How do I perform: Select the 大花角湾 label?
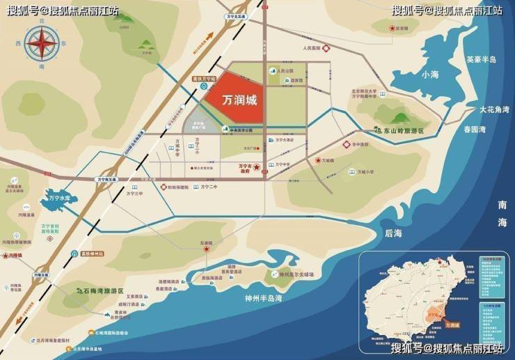[x=494, y=110]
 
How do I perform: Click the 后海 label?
[x=393, y=233]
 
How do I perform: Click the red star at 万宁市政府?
[x=256, y=168]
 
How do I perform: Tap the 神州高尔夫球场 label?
[x=296, y=274]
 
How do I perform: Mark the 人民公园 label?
[x=286, y=71]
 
